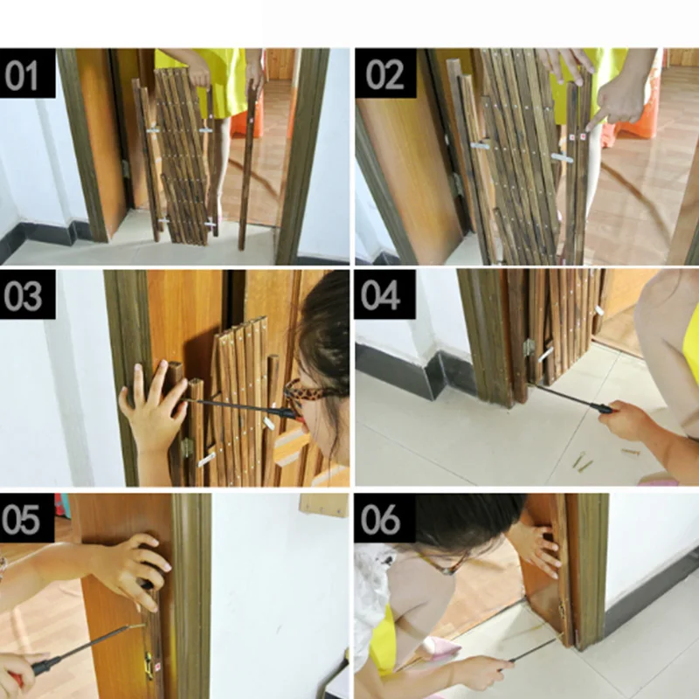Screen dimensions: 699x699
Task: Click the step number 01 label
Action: click(27, 73)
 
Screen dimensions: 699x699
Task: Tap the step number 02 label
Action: click(385, 73)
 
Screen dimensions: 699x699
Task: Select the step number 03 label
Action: click(27, 294)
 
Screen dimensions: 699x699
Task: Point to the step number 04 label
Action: click(384, 294)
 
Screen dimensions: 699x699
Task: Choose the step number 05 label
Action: click(27, 517)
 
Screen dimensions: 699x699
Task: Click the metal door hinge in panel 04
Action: click(529, 348)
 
